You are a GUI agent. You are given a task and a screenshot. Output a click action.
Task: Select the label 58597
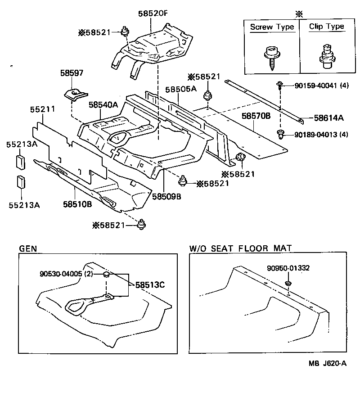[72, 72]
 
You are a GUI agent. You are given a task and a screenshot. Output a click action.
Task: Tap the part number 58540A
[103, 105]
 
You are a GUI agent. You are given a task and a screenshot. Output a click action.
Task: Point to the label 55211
[42, 109]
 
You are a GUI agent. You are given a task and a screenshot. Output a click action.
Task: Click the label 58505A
[180, 89]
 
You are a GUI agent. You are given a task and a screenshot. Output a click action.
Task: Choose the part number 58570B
[256, 116]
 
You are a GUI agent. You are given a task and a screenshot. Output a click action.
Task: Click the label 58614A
[328, 118]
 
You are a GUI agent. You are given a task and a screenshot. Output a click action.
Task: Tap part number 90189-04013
[315, 134]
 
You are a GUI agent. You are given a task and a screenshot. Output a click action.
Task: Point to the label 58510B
[77, 203]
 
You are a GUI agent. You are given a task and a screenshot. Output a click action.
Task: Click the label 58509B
[166, 196]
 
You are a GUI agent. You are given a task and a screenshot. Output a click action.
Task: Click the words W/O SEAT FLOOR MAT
[240, 248]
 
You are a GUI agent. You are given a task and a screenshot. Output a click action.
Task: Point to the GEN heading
[28, 248]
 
